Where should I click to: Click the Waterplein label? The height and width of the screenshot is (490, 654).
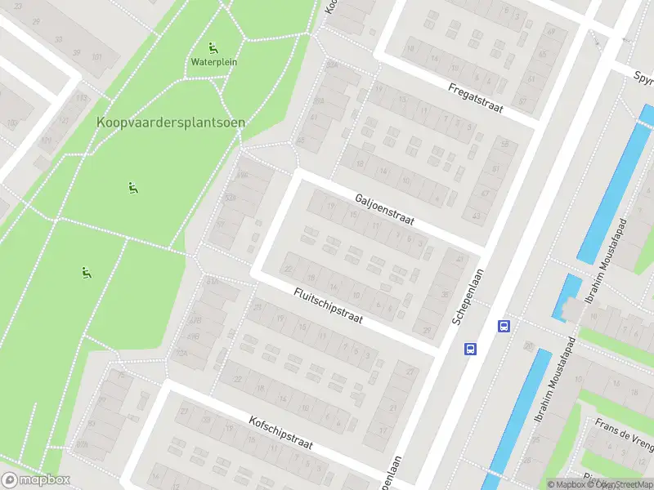click(214, 61)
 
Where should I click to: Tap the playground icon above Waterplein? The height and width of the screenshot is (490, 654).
click(214, 47)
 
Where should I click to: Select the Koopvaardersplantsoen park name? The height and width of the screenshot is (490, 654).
click(171, 122)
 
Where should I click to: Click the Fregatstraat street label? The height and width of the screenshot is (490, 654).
click(475, 97)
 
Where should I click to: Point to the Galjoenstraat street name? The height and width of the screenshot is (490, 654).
click(385, 210)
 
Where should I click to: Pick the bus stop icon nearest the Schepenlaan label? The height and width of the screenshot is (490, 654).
click(471, 349)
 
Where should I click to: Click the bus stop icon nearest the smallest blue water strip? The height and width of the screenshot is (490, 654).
click(504, 326)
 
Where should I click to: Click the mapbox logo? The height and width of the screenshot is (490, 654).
click(35, 480)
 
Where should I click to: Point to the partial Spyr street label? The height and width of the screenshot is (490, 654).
click(643, 78)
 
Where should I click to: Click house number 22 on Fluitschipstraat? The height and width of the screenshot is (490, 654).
click(288, 268)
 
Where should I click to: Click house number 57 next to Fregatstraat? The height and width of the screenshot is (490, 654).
click(523, 102)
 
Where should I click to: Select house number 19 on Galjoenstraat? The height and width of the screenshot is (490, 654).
click(330, 207)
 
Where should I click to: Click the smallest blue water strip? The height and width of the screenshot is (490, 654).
click(567, 296)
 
